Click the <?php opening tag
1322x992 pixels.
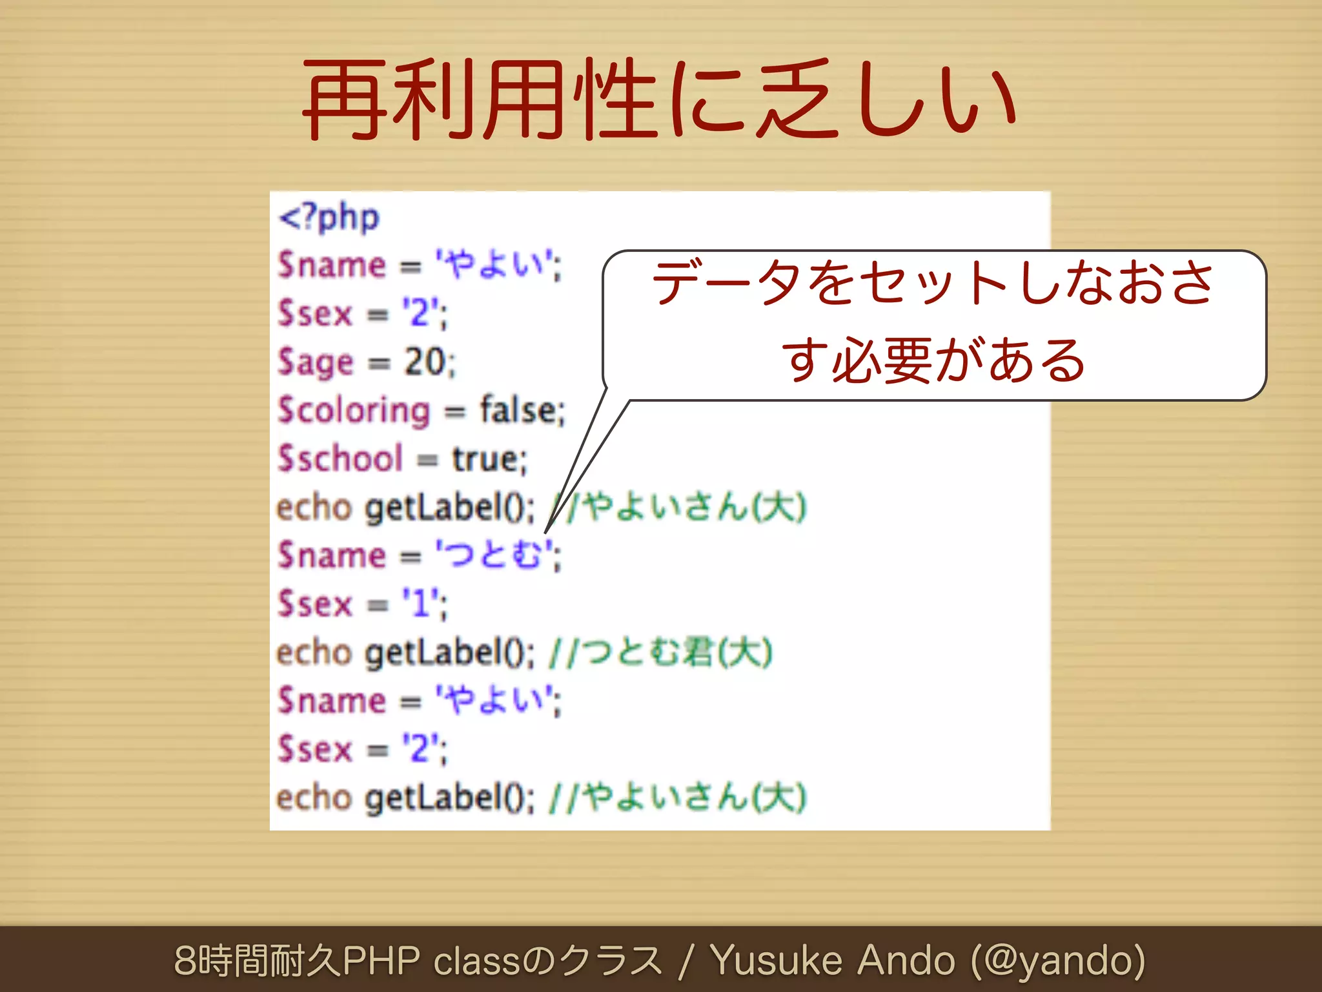(x=329, y=218)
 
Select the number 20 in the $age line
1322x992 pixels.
(x=425, y=362)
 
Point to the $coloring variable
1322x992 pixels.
(x=354, y=411)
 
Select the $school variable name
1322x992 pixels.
(x=340, y=459)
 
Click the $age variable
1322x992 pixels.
(x=316, y=362)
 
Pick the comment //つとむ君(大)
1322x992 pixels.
(x=660, y=652)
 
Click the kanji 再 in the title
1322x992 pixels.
(x=345, y=100)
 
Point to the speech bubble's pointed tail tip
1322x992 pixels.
(x=546, y=533)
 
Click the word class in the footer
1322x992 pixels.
(x=476, y=960)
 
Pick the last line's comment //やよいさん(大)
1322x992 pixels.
(x=677, y=798)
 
